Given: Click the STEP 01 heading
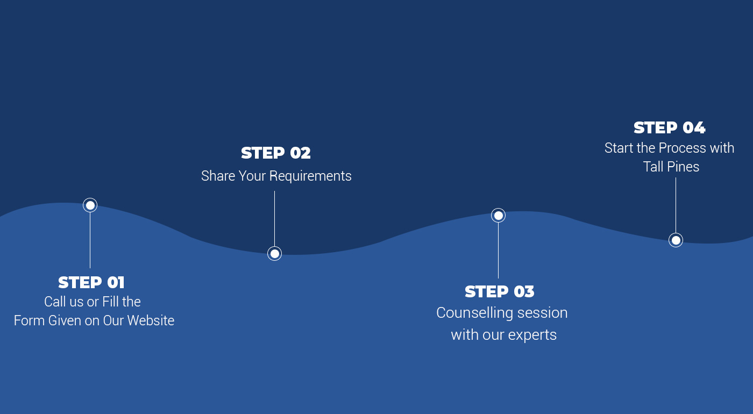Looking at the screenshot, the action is click(91, 282).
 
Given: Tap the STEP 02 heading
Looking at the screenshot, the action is click(275, 153).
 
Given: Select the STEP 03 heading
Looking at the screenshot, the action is click(500, 291).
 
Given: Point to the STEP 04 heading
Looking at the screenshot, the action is click(669, 128).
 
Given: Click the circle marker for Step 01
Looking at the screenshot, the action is click(90, 205).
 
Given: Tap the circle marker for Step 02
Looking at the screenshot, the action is click(275, 253).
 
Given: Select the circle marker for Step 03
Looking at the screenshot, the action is click(498, 216).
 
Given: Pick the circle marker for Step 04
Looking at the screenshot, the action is click(676, 240).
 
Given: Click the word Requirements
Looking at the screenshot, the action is click(310, 176).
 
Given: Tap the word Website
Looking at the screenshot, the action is click(151, 320).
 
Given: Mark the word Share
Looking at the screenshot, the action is click(218, 176).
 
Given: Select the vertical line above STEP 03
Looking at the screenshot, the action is click(498, 251).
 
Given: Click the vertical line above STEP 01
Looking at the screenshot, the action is click(90, 240).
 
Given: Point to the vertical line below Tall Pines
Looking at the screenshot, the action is click(676, 205).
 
